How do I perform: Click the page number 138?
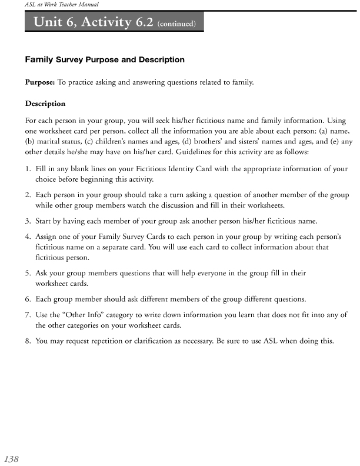tap(11, 458)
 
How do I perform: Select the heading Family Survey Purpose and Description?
tap(105, 59)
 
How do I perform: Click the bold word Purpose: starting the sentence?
tap(40, 82)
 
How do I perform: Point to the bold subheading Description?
tap(45, 104)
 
